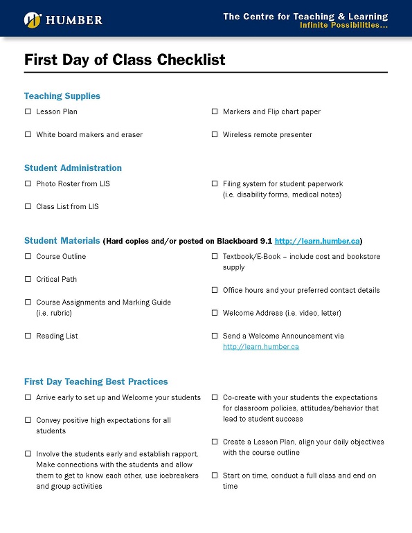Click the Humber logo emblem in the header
click(x=32, y=20)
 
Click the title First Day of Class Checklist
click(x=125, y=60)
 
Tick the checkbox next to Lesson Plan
click(x=28, y=111)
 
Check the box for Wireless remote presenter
click(x=215, y=134)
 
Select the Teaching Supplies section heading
click(x=62, y=96)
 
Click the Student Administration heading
click(x=73, y=168)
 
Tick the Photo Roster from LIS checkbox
click(x=28, y=183)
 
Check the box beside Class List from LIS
click(x=28, y=206)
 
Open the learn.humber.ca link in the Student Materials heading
click(x=317, y=242)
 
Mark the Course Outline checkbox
click(x=28, y=256)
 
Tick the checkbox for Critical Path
click(x=28, y=279)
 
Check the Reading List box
click(x=28, y=336)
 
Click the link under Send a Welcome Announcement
click(x=260, y=347)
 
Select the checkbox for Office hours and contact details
click(x=215, y=290)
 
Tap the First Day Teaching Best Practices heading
click(x=96, y=382)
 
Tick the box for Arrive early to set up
click(x=28, y=397)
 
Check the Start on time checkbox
click(x=215, y=476)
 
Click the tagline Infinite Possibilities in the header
click(x=343, y=26)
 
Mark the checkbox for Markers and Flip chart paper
click(x=215, y=111)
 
